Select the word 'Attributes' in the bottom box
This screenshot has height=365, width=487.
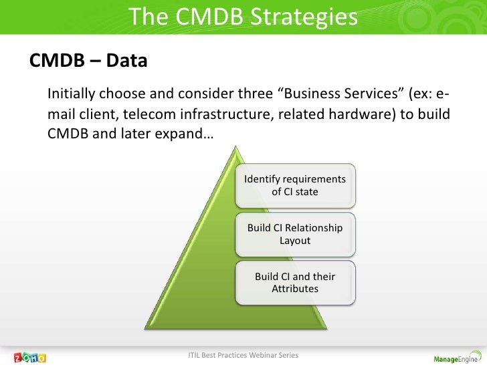295,289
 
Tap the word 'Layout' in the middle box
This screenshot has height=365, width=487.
295,240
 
